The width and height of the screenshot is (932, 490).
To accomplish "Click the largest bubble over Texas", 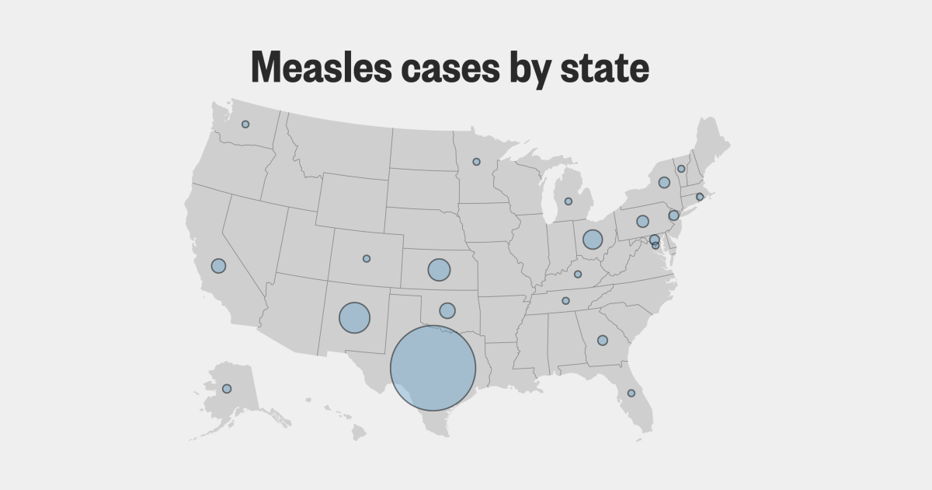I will [x=433, y=368].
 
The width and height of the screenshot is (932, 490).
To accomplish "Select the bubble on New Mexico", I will [x=354, y=317].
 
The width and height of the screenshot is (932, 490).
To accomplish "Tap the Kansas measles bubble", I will [x=439, y=270].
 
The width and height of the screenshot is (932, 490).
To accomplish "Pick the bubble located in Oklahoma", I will [x=447, y=310].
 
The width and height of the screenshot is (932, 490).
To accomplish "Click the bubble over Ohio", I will [x=593, y=240].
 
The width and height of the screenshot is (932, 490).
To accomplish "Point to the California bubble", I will [x=218, y=265].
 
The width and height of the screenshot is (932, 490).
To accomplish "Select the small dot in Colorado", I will [x=367, y=258].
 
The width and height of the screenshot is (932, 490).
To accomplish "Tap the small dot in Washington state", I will [x=245, y=124].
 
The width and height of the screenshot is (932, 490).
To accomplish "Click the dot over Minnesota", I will [x=476, y=162].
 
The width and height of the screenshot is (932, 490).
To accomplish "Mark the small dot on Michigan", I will [x=568, y=201].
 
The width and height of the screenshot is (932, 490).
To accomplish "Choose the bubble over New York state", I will [x=664, y=183].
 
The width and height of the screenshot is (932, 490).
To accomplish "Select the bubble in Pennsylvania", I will [x=642, y=221].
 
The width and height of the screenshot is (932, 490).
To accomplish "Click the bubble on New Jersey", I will [x=673, y=215].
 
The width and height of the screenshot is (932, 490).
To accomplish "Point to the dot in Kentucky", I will [x=578, y=274].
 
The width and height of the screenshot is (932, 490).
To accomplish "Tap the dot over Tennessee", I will [x=565, y=301].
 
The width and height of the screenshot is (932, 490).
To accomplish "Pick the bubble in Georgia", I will [x=602, y=340].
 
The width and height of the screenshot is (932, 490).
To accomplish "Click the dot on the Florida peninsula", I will [x=631, y=393].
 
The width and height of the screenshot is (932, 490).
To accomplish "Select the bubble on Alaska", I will [x=227, y=388].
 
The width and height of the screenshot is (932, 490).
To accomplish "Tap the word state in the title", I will [x=604, y=68].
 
